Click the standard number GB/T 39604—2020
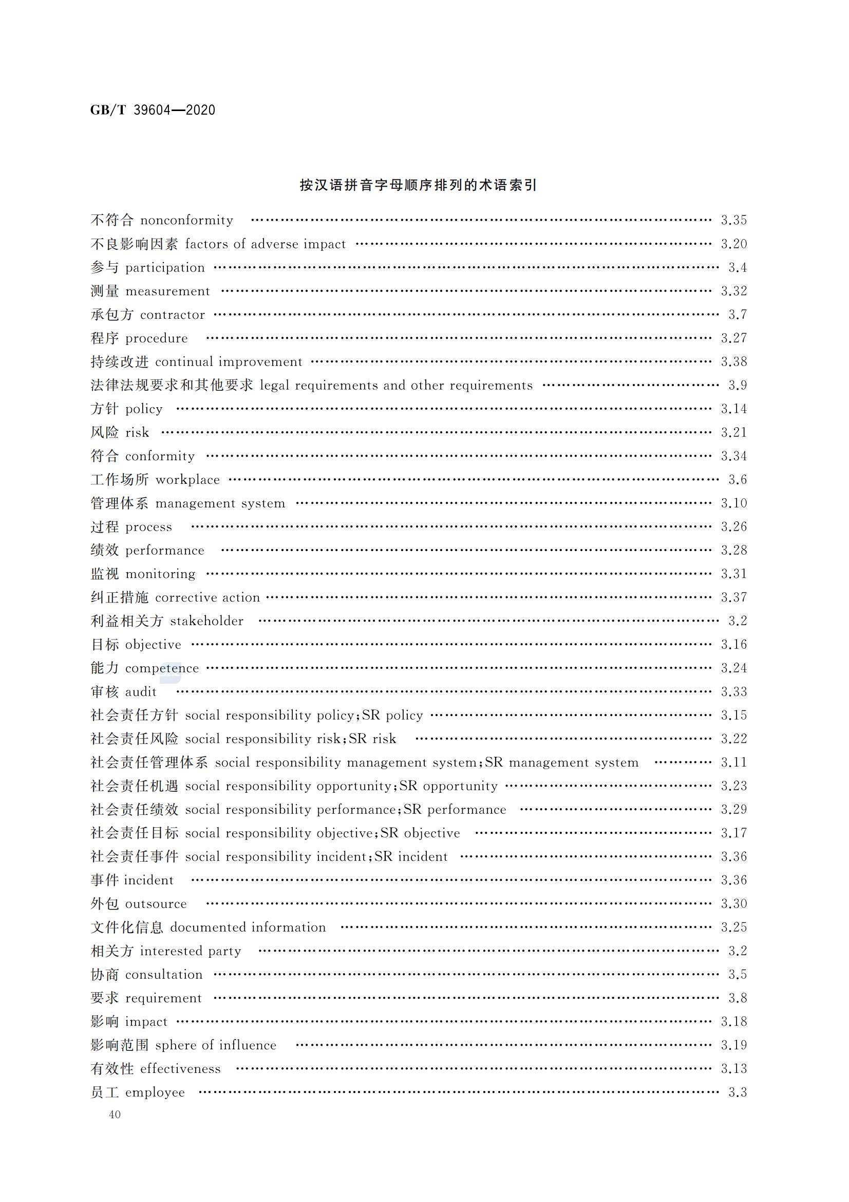pyautogui.click(x=152, y=110)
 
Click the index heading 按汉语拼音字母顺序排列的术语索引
pyautogui.click(x=418, y=185)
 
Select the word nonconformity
pyautogui.click(x=187, y=221)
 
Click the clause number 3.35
pyautogui.click(x=733, y=221)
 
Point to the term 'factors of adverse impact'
pyautogui.click(x=265, y=244)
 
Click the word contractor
pyautogui.click(x=172, y=315)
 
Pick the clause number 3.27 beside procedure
pyautogui.click(x=733, y=338)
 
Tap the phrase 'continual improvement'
pyautogui.click(x=229, y=362)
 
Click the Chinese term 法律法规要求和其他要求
pyautogui.click(x=172, y=385)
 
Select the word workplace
pyautogui.click(x=187, y=480)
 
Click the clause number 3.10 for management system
pyautogui.click(x=733, y=503)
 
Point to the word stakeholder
pyautogui.click(x=206, y=621)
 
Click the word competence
pyautogui.click(x=162, y=668)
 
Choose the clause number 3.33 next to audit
pyautogui.click(x=733, y=692)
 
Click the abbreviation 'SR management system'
pyautogui.click(x=561, y=763)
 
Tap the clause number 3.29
pyautogui.click(x=733, y=810)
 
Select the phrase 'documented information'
pyautogui.click(x=248, y=927)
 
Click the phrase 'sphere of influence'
pyautogui.click(x=216, y=1046)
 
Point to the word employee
pyautogui.click(x=155, y=1092)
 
